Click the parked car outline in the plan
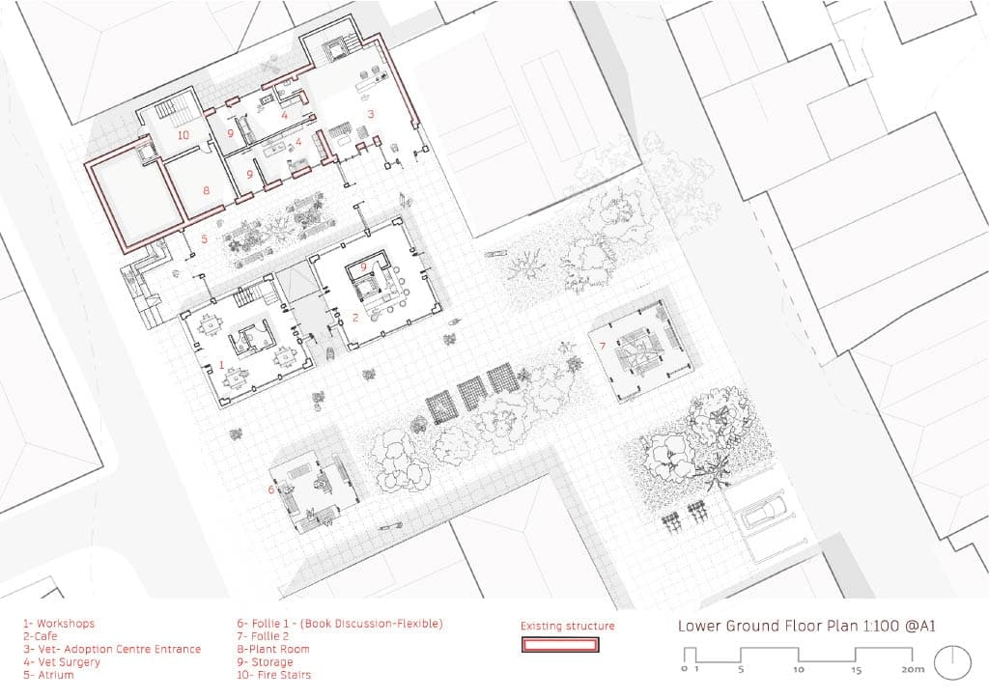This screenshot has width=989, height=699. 764,513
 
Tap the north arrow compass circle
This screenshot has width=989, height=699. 952,661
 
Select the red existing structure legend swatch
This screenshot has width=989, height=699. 559,645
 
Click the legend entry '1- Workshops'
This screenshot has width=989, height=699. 59,624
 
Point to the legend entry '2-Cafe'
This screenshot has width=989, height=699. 41,636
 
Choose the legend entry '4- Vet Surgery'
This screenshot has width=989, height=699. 62,661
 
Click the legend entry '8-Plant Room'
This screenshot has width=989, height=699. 273,649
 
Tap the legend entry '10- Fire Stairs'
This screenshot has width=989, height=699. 273,675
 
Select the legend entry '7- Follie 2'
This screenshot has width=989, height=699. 263,636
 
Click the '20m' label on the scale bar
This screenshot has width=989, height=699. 912,669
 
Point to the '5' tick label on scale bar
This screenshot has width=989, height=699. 741,669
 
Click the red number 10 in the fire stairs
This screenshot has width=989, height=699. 183,135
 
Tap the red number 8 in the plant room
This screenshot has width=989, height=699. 207,190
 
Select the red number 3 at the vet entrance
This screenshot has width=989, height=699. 371,114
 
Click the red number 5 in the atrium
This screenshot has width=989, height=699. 205,238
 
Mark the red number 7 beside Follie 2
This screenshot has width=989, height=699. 603,346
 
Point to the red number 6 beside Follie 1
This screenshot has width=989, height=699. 271,489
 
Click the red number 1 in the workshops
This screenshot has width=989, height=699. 221,365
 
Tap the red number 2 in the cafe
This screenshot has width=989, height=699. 355,318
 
